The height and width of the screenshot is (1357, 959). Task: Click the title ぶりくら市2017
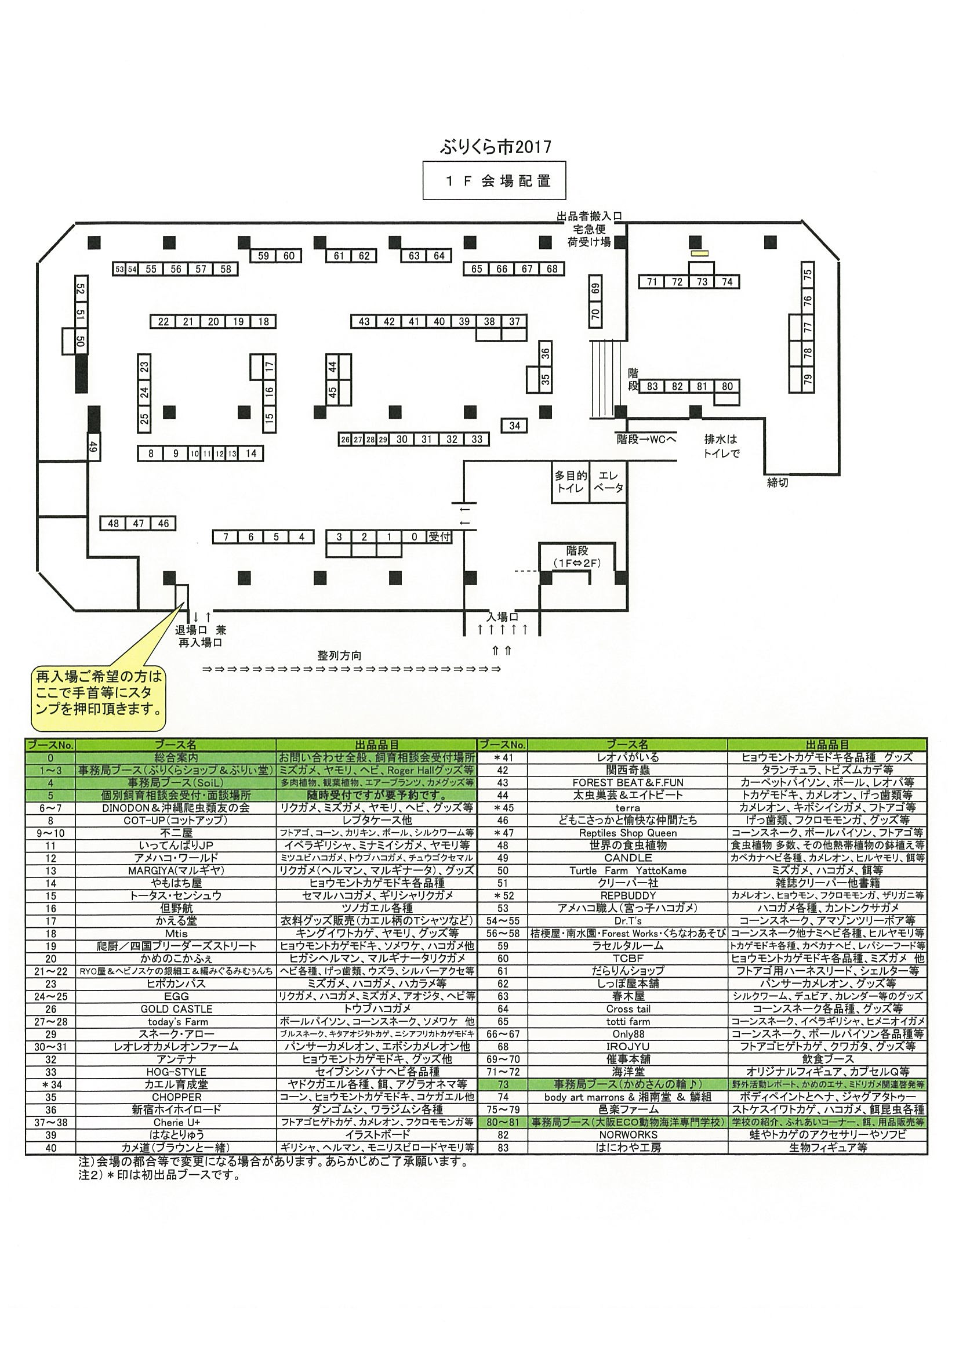(495, 147)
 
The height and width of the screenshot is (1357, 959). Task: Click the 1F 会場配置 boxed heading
(494, 181)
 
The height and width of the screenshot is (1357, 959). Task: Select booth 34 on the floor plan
(514, 426)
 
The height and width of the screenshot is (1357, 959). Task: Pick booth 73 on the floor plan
(702, 282)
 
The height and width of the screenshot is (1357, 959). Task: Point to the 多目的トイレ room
(570, 482)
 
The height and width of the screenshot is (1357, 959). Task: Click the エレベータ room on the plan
(608, 482)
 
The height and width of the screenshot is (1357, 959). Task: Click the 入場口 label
(502, 617)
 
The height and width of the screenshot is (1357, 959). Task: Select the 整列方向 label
(339, 655)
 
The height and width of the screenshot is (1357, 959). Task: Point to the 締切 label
(778, 483)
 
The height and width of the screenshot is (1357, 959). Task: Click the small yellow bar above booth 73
(700, 253)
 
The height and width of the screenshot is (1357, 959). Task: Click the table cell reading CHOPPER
(176, 1097)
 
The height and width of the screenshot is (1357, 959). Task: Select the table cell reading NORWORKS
(627, 1135)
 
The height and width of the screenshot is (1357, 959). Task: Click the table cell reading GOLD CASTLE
(176, 1009)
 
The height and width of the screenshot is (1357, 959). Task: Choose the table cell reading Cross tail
(627, 1009)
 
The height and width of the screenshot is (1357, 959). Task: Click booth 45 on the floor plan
(333, 392)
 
